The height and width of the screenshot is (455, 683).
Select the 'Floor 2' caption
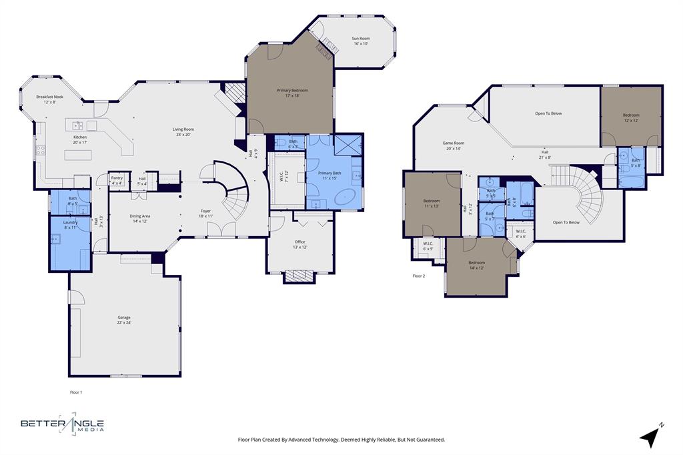tap(419, 276)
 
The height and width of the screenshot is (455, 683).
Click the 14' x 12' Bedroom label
tap(476, 265)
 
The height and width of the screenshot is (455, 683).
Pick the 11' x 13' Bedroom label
tap(432, 203)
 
